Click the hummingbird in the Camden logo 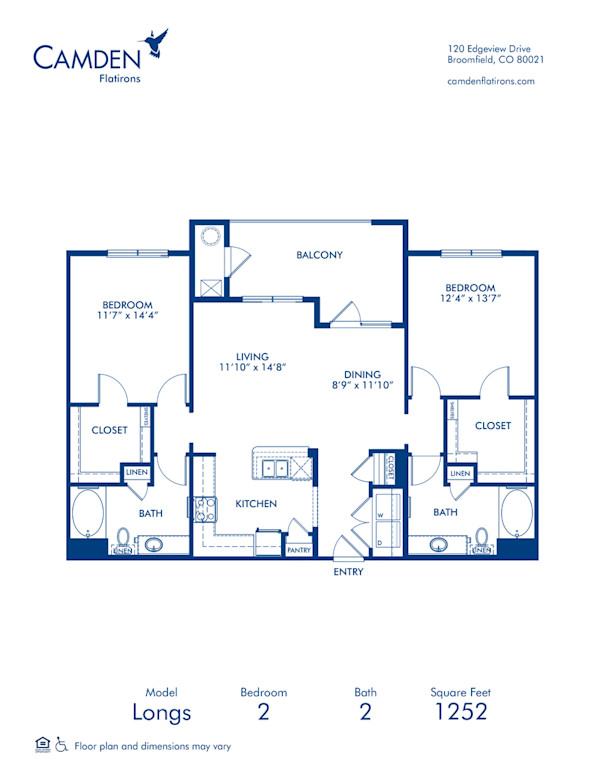[155, 42]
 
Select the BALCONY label [319, 255]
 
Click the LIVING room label [254, 356]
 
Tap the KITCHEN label [257, 503]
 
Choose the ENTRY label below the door [348, 572]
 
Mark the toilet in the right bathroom [483, 541]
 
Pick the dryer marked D [386, 541]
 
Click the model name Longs [162, 713]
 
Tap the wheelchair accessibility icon [61, 745]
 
